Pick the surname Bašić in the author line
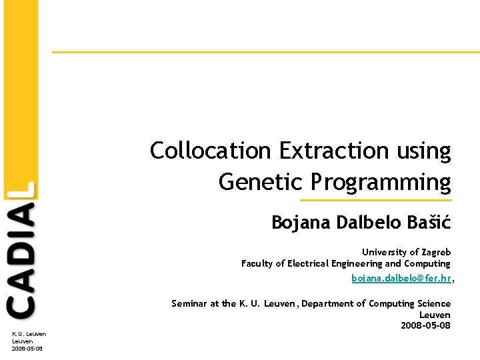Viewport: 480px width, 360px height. [428, 222]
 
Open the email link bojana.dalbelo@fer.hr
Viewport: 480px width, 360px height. [401, 277]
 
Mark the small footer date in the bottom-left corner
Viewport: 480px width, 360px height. [27, 348]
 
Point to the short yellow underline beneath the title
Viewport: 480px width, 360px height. [375, 200]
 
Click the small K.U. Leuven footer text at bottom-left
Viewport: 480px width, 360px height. [29, 333]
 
